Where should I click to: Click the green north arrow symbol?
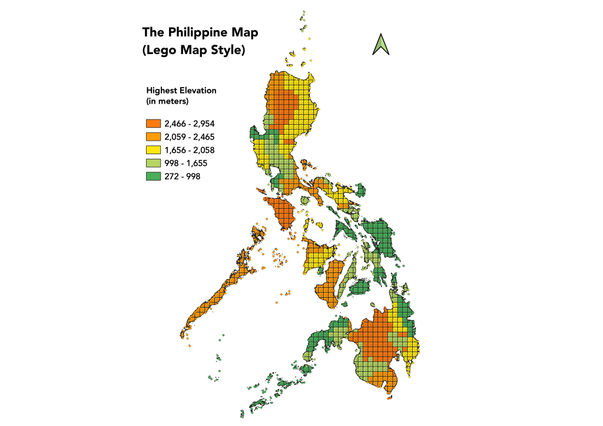[x=381, y=45]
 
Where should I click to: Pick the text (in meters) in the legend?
[x=167, y=102]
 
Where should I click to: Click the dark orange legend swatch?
[x=153, y=124]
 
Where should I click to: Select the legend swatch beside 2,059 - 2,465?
[x=153, y=137]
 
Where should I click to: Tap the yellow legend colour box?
[x=153, y=149]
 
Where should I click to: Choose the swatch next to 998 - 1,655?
[x=153, y=162]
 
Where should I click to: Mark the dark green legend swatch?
[x=153, y=175]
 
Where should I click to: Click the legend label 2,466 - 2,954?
[x=190, y=124]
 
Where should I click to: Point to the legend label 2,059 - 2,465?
[x=190, y=137]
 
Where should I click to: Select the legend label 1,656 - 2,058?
[x=190, y=149]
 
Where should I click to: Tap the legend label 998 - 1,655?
[x=187, y=162]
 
